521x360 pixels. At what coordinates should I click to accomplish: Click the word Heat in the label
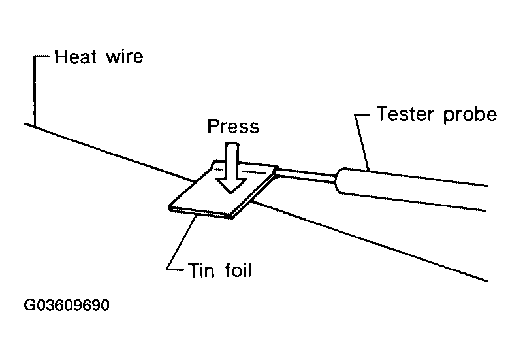[x=76, y=57]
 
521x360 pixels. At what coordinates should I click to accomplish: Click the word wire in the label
[x=125, y=57]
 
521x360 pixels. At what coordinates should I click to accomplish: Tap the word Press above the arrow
[x=233, y=126]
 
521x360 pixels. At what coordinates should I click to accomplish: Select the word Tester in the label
[x=405, y=114]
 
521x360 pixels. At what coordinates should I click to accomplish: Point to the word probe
[x=470, y=116]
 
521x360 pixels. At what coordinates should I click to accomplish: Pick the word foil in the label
[x=238, y=270]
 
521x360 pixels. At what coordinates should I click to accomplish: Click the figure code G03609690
[x=67, y=305]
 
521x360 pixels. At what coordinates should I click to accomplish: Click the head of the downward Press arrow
[x=231, y=186]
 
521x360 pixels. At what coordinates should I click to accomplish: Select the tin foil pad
[x=223, y=190]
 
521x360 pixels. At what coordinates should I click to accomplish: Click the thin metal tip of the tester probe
[x=306, y=175]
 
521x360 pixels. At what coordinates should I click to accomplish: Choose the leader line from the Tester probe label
[x=362, y=142]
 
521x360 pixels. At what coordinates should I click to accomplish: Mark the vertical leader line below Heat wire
[x=35, y=91]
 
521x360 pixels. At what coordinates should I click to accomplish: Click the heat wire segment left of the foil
[x=109, y=153]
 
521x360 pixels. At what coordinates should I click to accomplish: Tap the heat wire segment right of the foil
[x=370, y=241]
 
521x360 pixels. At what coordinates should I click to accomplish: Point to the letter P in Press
[x=213, y=126]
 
